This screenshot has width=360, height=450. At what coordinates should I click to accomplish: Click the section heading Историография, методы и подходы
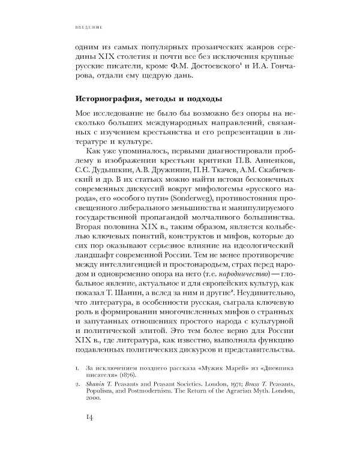(x=152, y=98)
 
